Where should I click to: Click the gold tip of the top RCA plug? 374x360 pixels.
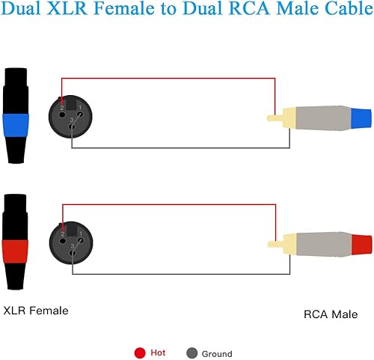click(x=275, y=118)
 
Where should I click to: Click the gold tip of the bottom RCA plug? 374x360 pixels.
click(x=275, y=244)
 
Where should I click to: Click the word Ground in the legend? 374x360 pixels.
click(x=217, y=353)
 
